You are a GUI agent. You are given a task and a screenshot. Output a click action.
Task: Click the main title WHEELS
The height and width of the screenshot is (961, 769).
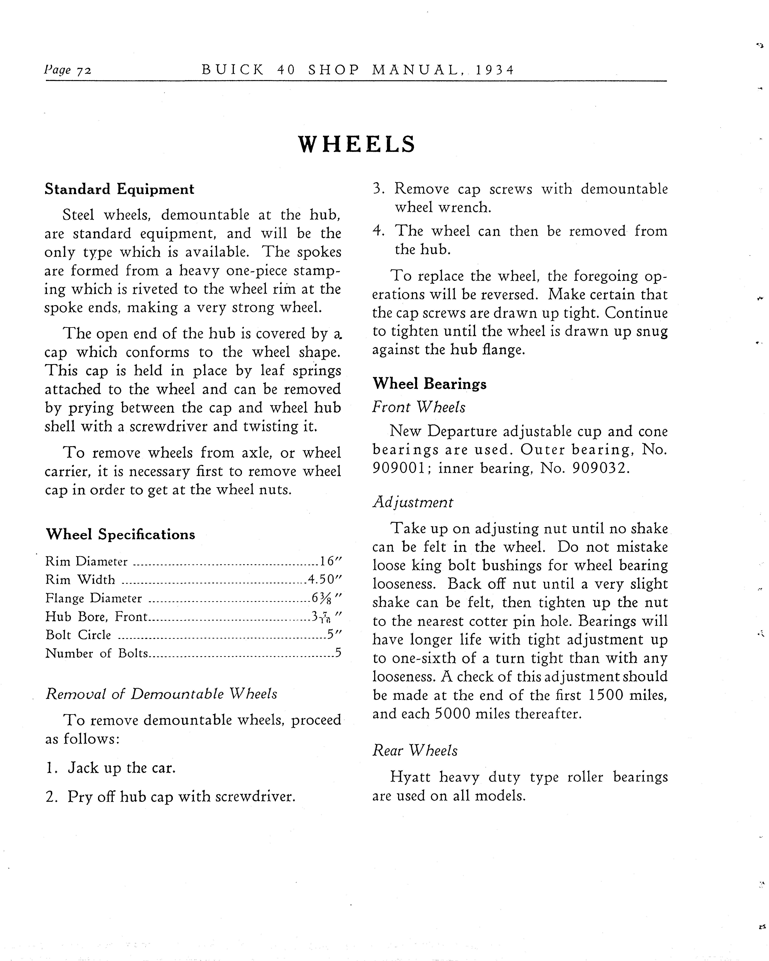pos(356,144)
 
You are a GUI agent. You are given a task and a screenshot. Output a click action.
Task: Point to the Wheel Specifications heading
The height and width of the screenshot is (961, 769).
pos(120,534)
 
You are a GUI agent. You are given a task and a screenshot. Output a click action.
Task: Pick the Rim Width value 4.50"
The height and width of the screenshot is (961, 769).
pos(325,579)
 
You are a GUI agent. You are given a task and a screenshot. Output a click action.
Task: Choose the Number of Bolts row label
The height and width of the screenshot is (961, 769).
pos(97,653)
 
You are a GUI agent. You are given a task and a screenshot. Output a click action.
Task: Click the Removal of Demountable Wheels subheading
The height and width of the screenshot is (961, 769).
pos(161,694)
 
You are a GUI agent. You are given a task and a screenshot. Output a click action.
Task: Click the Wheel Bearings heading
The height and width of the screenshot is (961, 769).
pos(429,384)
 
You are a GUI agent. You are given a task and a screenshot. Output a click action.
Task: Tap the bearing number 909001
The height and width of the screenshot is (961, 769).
pos(400,468)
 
